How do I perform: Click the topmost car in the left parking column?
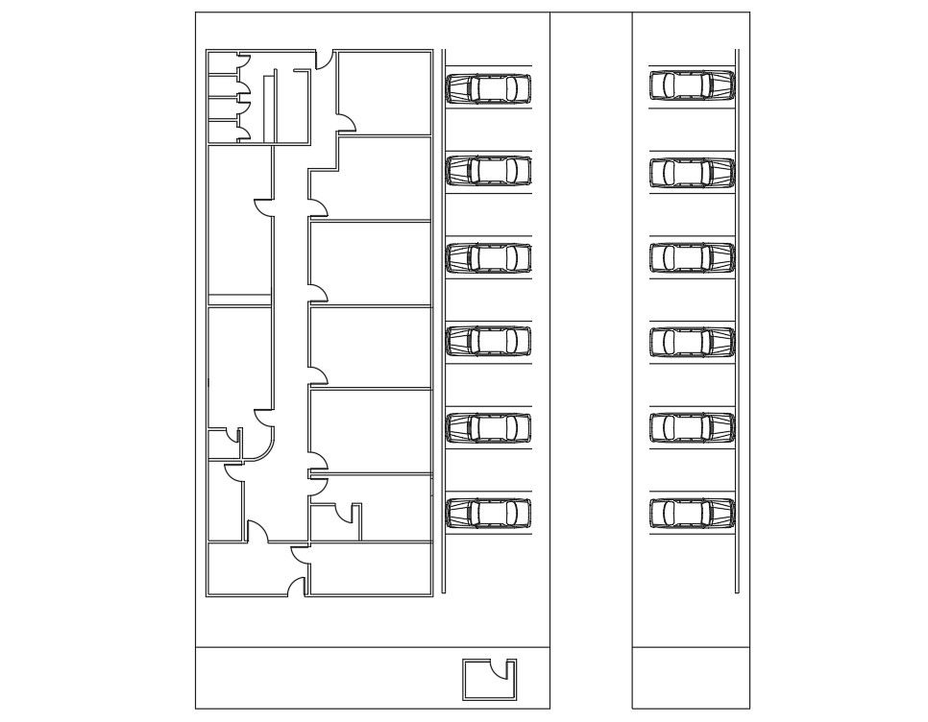pos(488,88)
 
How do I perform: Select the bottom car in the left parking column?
pos(488,513)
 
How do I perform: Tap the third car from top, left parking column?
pos(488,257)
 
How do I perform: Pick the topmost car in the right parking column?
pos(692,85)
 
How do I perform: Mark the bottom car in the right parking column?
pos(692,513)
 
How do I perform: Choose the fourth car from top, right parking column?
pos(692,342)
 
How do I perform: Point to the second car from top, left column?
pos(488,171)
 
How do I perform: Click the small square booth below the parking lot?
pos(488,680)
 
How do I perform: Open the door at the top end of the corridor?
pos(325,60)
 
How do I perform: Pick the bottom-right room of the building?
pos(370,569)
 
